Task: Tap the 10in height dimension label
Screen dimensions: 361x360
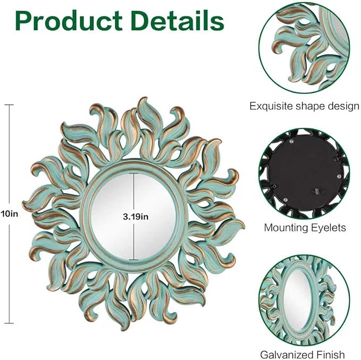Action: pos(9,214)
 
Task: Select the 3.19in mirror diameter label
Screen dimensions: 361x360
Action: pos(136,217)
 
